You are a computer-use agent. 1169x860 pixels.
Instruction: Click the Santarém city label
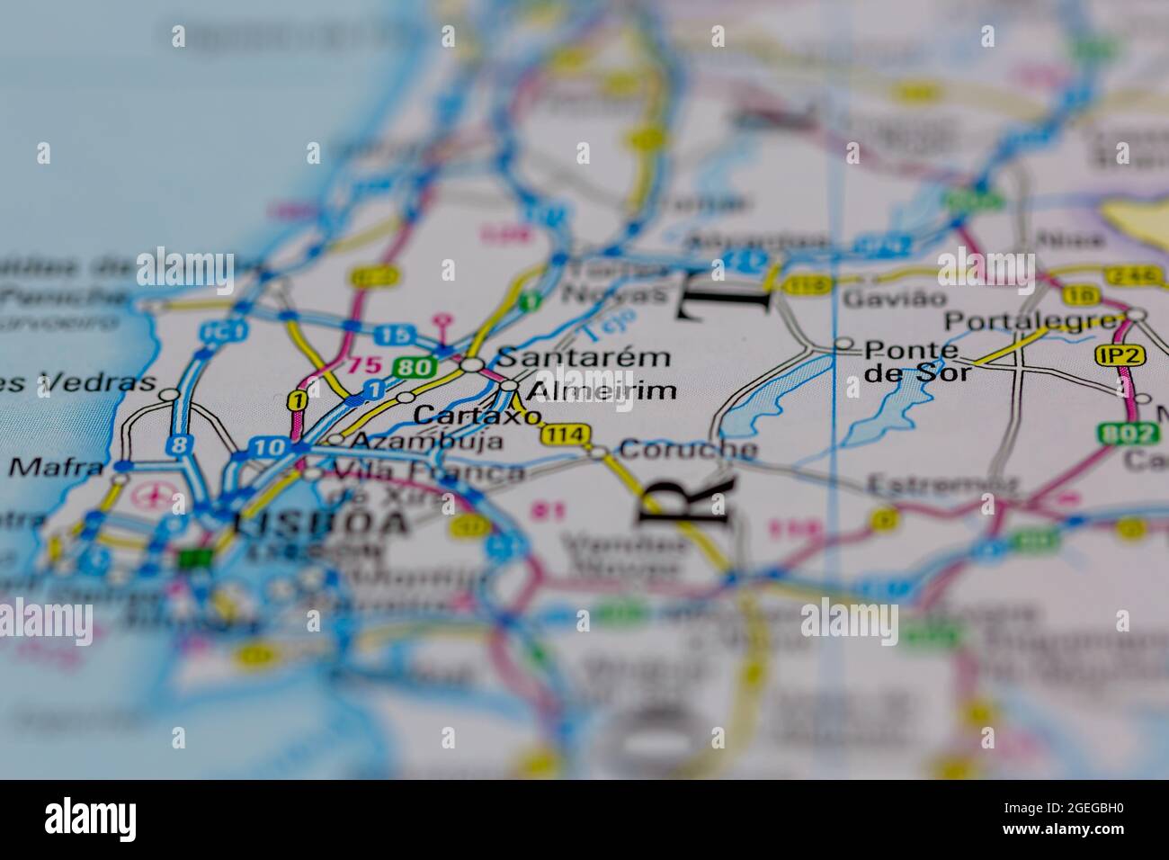pyautogui.click(x=583, y=357)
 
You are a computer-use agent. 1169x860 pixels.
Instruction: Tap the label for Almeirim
pyautogui.click(x=601, y=390)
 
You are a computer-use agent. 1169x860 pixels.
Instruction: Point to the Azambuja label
pyautogui.click(x=426, y=442)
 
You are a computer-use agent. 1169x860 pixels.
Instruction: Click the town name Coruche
pyautogui.click(x=688, y=449)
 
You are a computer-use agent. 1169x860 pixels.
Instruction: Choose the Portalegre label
pyautogui.click(x=1034, y=321)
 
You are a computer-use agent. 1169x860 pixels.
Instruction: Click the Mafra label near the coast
pyautogui.click(x=57, y=467)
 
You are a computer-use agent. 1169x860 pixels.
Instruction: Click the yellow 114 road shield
pyautogui.click(x=566, y=435)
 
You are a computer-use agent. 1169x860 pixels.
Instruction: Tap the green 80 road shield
pyautogui.click(x=414, y=366)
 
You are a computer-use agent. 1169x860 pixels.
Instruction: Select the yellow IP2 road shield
pyautogui.click(x=1120, y=355)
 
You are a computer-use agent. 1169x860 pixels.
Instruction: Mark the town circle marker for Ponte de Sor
pyautogui.click(x=843, y=344)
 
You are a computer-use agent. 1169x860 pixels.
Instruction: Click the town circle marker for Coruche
pyautogui.click(x=599, y=452)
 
